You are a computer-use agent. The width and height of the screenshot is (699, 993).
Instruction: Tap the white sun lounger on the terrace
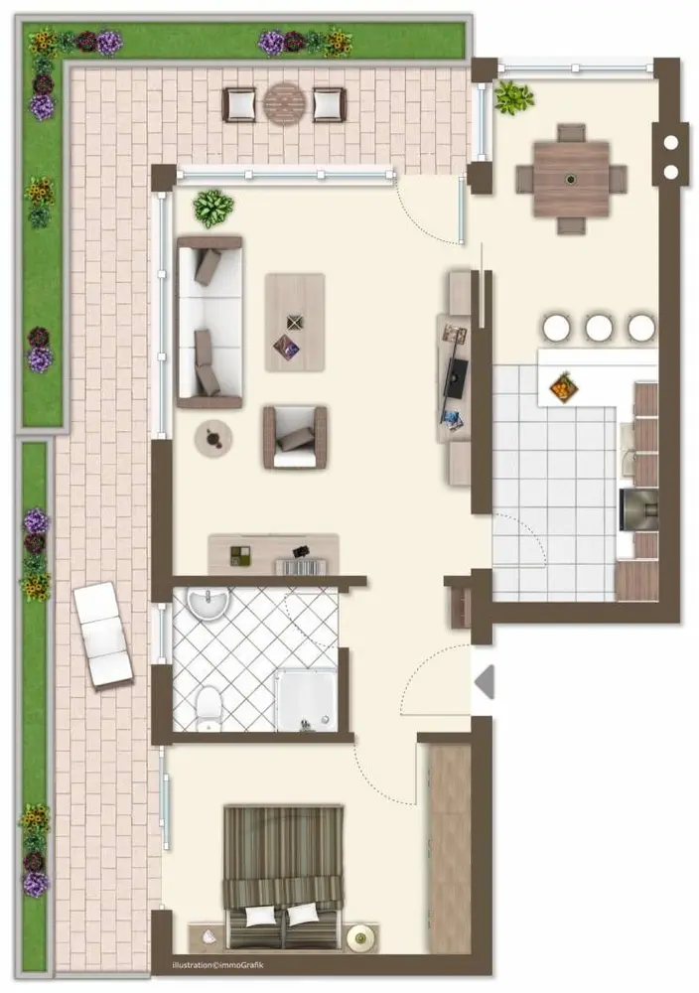(102, 635)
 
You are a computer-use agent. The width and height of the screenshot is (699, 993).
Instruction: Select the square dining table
(571, 179)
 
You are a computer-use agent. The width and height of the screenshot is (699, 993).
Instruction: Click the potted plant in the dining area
(513, 97)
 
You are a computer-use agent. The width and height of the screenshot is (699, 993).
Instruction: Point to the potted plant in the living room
(212, 208)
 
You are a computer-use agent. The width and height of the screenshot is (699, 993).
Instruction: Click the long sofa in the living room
(210, 323)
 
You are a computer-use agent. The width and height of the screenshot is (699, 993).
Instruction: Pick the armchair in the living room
(295, 438)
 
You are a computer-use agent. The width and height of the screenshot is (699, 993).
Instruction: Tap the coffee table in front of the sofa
(295, 323)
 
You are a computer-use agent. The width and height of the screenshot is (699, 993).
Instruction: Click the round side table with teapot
(213, 438)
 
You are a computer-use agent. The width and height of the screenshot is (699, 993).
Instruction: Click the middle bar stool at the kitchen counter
(599, 328)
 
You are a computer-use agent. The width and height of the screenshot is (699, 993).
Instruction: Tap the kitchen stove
(638, 509)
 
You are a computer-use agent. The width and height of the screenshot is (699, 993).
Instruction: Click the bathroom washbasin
(209, 603)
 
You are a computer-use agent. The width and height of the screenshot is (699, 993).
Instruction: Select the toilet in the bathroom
(209, 709)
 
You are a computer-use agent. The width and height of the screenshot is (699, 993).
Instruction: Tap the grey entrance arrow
(485, 682)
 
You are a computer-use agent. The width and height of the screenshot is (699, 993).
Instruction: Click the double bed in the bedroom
(284, 878)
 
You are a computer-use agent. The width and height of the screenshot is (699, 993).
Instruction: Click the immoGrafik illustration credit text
(217, 965)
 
